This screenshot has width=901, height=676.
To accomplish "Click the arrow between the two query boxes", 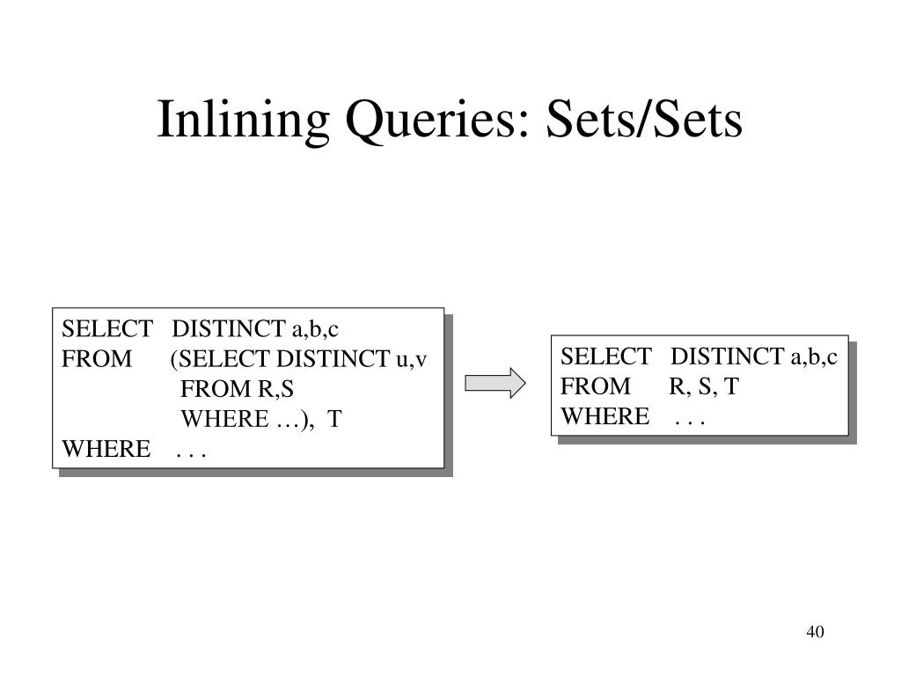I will click(495, 383).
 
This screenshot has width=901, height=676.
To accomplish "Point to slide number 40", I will click(814, 632).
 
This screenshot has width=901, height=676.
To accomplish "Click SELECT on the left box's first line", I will click(106, 329).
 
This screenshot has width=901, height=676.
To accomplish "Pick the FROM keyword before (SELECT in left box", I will click(97, 359).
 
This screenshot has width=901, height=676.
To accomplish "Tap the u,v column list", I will click(411, 359).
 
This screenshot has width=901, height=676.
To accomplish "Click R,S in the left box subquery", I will click(275, 389).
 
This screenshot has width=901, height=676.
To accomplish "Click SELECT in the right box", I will click(605, 356).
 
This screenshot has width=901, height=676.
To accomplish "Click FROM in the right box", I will click(596, 386).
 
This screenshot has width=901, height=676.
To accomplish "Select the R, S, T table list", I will click(704, 386).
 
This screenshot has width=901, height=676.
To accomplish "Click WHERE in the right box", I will click(605, 415).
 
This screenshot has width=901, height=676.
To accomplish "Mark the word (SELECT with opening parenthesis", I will click(221, 359).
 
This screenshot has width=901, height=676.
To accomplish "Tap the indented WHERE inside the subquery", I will click(224, 419).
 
